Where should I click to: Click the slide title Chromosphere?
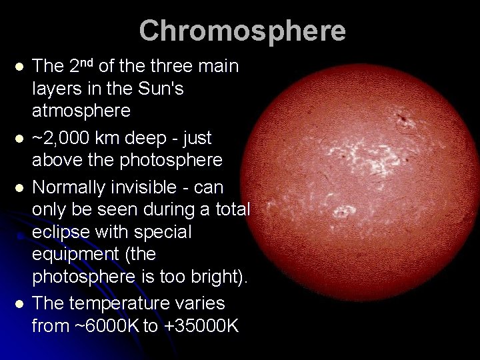[x=242, y=31]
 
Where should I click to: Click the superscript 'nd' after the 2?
[x=87, y=63]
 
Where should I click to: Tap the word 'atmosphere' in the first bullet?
[x=81, y=110]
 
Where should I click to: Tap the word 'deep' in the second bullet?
[x=154, y=139]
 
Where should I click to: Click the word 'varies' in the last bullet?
[x=201, y=303]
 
